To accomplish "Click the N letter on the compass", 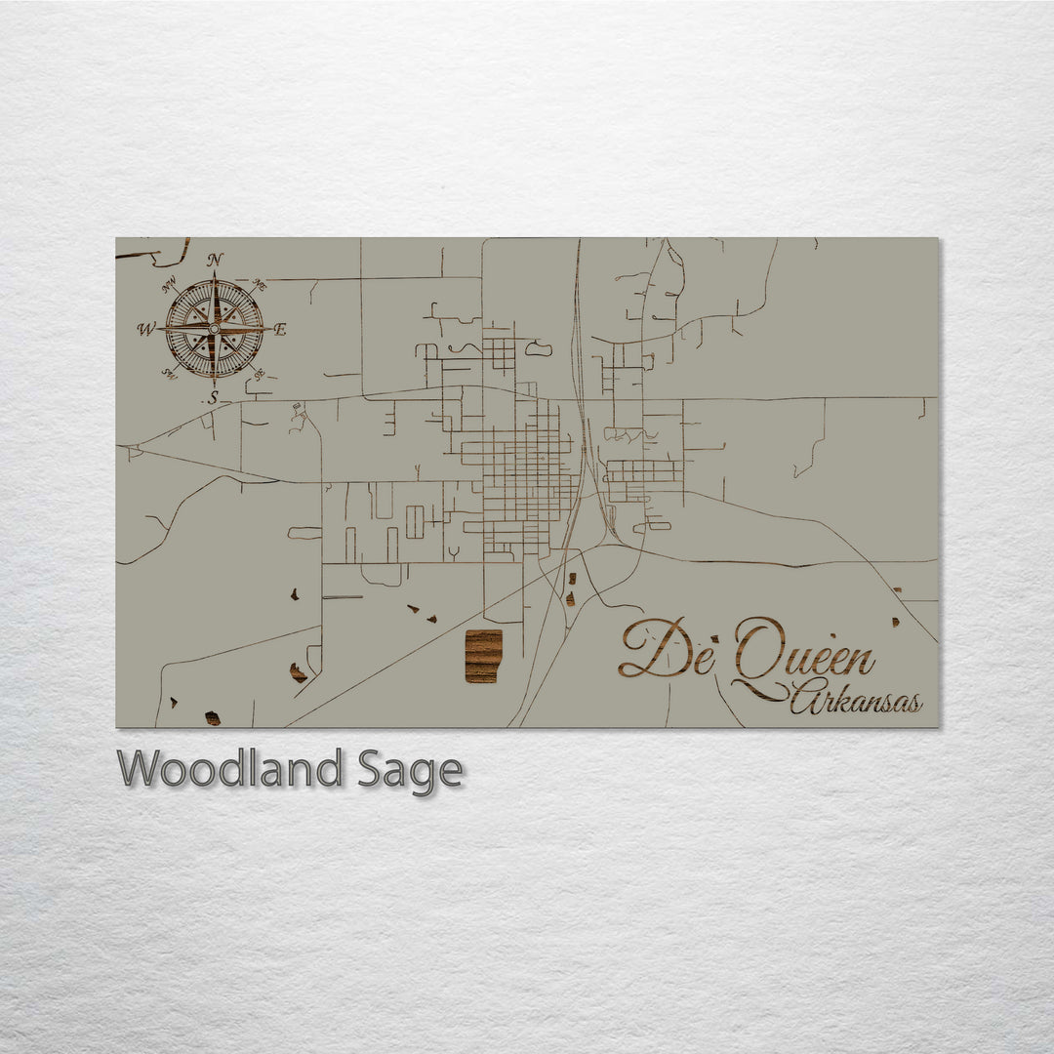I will coord(215,261).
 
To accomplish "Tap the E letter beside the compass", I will coord(280,330).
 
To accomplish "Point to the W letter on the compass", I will coord(146,330).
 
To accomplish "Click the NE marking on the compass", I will coord(260,286).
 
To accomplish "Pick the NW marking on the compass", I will coord(170,285).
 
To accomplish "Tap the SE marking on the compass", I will coord(259,375).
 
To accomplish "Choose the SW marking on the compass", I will coord(169,374).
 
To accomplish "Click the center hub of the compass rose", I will coord(214,330).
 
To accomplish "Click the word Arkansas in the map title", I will coord(856,701).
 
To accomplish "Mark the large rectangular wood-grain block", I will coord(483,656).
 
